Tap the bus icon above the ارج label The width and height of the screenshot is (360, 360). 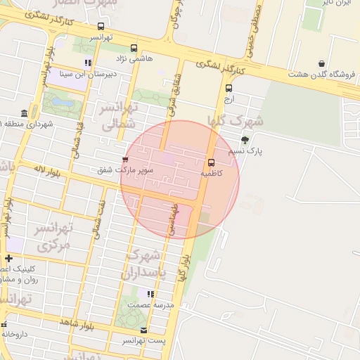tap(229, 89)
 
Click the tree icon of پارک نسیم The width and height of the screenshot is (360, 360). tap(245, 140)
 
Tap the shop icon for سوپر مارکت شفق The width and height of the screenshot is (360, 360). tap(126, 160)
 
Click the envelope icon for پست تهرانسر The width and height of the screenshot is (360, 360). tap(144, 330)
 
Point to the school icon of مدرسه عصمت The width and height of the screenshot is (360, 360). tap(150, 294)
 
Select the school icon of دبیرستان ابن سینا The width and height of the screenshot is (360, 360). tap(87, 63)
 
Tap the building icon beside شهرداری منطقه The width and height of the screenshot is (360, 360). tap(25, 114)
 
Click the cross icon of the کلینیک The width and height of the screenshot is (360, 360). tap(8, 258)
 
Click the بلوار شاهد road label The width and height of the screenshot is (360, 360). tap(77, 323)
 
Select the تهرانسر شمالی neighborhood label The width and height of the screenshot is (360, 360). tap(117, 116)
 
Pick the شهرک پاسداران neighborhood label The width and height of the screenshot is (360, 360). tap(145, 264)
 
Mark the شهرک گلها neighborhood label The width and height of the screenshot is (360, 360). tap(236, 120)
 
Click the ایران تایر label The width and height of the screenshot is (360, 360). tap(337, 4)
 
